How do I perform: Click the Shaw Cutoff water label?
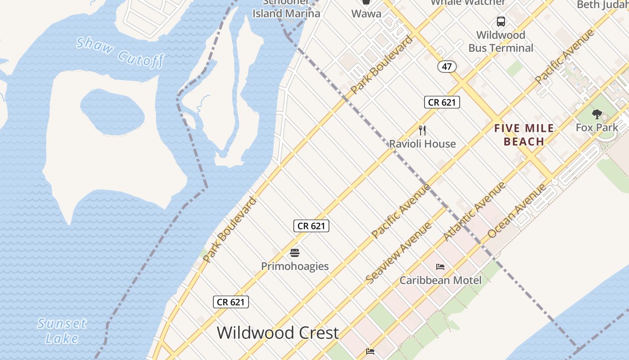pos(120,52)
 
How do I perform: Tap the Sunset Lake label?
pos(62,331)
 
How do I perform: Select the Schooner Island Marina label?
pos(286,9)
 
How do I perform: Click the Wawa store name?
pos(366,13)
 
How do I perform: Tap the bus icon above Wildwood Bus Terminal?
pos(501,21)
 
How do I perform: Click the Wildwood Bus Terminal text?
pos(501,41)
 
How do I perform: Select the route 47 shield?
pos(447,67)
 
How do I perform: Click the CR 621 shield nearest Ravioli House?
pos(442,102)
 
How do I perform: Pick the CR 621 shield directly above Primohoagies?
pos(311,226)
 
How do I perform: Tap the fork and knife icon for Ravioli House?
pos(422,130)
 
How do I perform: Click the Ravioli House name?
pos(422,144)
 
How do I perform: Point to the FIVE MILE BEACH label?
pos(524,135)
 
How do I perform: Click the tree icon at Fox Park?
pos(597,114)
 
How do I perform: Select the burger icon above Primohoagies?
pos(295,253)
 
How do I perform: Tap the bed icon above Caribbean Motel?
pos(440,267)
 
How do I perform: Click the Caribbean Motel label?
pos(440,280)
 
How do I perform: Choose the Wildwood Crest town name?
pos(278,333)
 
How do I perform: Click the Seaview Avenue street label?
pos(398,253)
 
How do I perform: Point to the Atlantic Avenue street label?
pos(474,211)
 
